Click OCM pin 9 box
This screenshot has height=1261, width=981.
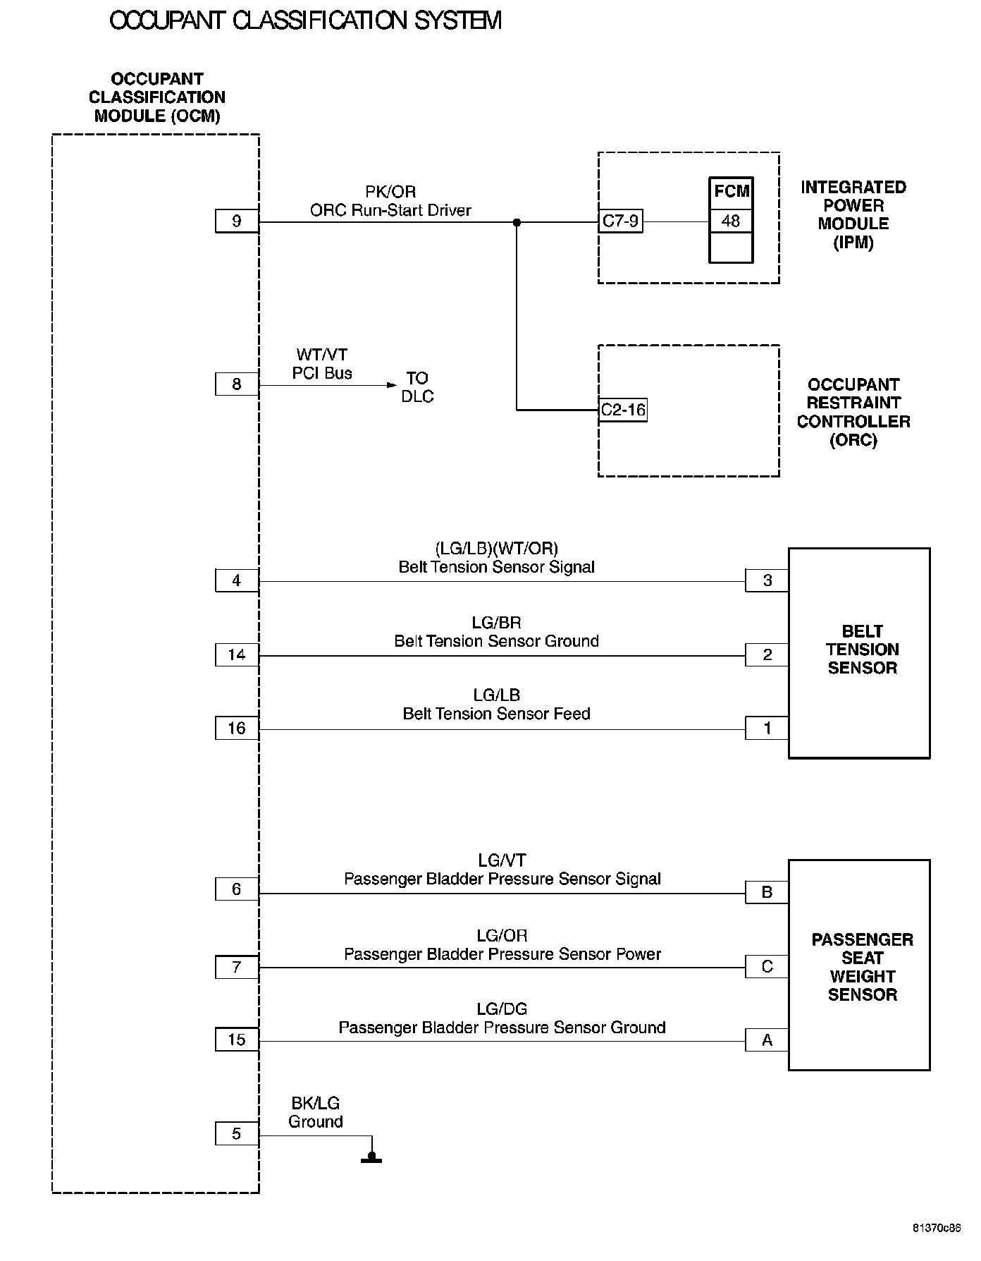237,221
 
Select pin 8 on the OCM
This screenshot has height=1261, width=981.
237,384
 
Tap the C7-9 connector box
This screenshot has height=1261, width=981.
620,221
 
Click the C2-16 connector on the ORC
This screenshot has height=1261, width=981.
622,410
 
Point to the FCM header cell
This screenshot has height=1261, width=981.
731,191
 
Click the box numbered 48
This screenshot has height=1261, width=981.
731,221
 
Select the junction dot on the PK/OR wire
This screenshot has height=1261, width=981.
517,222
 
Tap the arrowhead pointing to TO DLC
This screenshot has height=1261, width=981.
392,385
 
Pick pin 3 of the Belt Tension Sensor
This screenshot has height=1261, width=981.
767,580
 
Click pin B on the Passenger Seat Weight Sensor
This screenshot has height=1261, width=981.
767,892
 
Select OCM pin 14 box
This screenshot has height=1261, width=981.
237,655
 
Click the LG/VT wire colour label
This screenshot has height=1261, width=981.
502,860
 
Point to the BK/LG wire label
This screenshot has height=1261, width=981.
315,1104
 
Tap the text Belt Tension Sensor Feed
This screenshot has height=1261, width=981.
496,714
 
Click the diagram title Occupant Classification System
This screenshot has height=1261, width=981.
305,21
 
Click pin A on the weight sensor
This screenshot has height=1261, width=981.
767,1040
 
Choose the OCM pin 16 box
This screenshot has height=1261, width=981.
237,729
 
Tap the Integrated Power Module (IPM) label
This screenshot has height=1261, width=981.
853,215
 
